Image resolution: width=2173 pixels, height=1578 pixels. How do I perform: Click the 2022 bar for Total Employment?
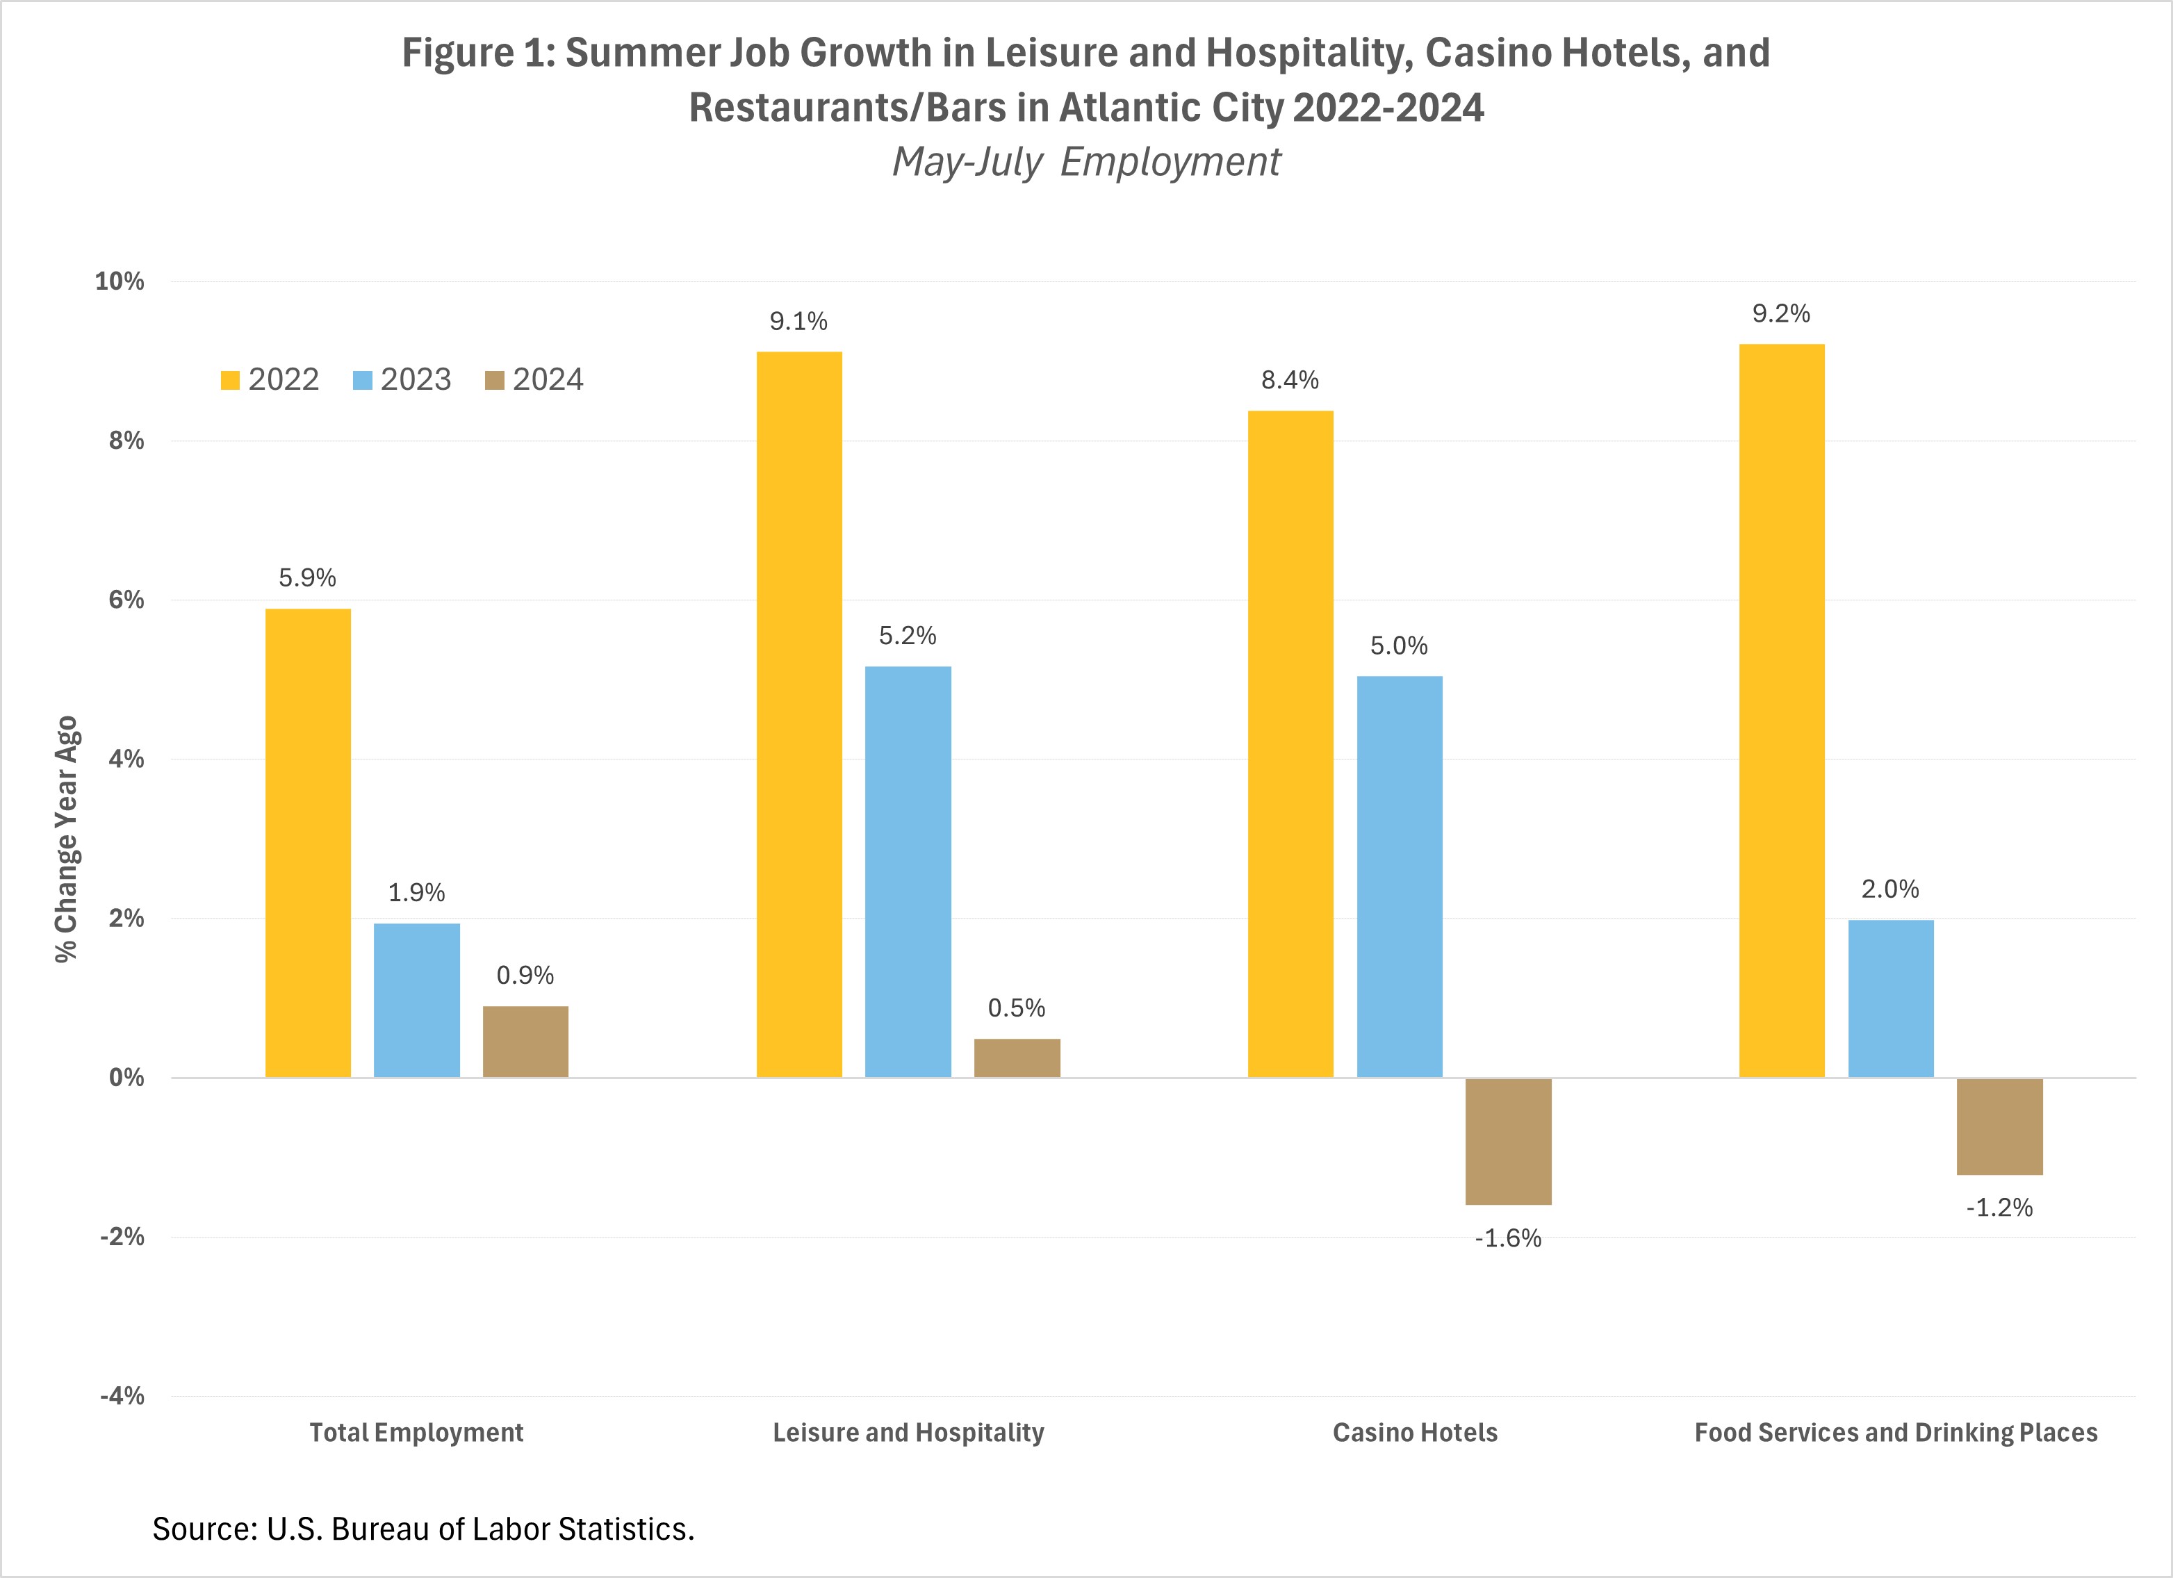[x=308, y=843]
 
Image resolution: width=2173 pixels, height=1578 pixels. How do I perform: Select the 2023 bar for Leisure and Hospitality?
[x=908, y=872]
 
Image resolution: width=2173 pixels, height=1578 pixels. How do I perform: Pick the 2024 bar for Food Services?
[x=1999, y=1127]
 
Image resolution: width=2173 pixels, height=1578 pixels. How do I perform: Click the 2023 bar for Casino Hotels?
[x=1399, y=877]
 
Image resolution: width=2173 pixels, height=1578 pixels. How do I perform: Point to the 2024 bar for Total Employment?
[x=525, y=1042]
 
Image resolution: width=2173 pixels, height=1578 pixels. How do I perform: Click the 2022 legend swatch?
[x=230, y=380]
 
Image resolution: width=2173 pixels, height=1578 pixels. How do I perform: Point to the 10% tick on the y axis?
[x=120, y=281]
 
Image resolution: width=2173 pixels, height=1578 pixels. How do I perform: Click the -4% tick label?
[x=122, y=1396]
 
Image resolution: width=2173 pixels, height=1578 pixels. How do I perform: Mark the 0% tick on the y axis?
[x=126, y=1078]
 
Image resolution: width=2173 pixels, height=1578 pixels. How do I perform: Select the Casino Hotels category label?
[x=1414, y=1432]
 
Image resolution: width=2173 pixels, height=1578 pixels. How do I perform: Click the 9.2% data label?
[x=1781, y=314]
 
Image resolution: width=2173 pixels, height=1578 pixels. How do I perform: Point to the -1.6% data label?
[x=1508, y=1239]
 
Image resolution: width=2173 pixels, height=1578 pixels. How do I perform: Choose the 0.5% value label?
[x=1017, y=1008]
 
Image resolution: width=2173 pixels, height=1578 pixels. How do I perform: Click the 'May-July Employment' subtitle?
[x=1087, y=162]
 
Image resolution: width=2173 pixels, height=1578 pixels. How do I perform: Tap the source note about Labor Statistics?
[x=423, y=1528]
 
